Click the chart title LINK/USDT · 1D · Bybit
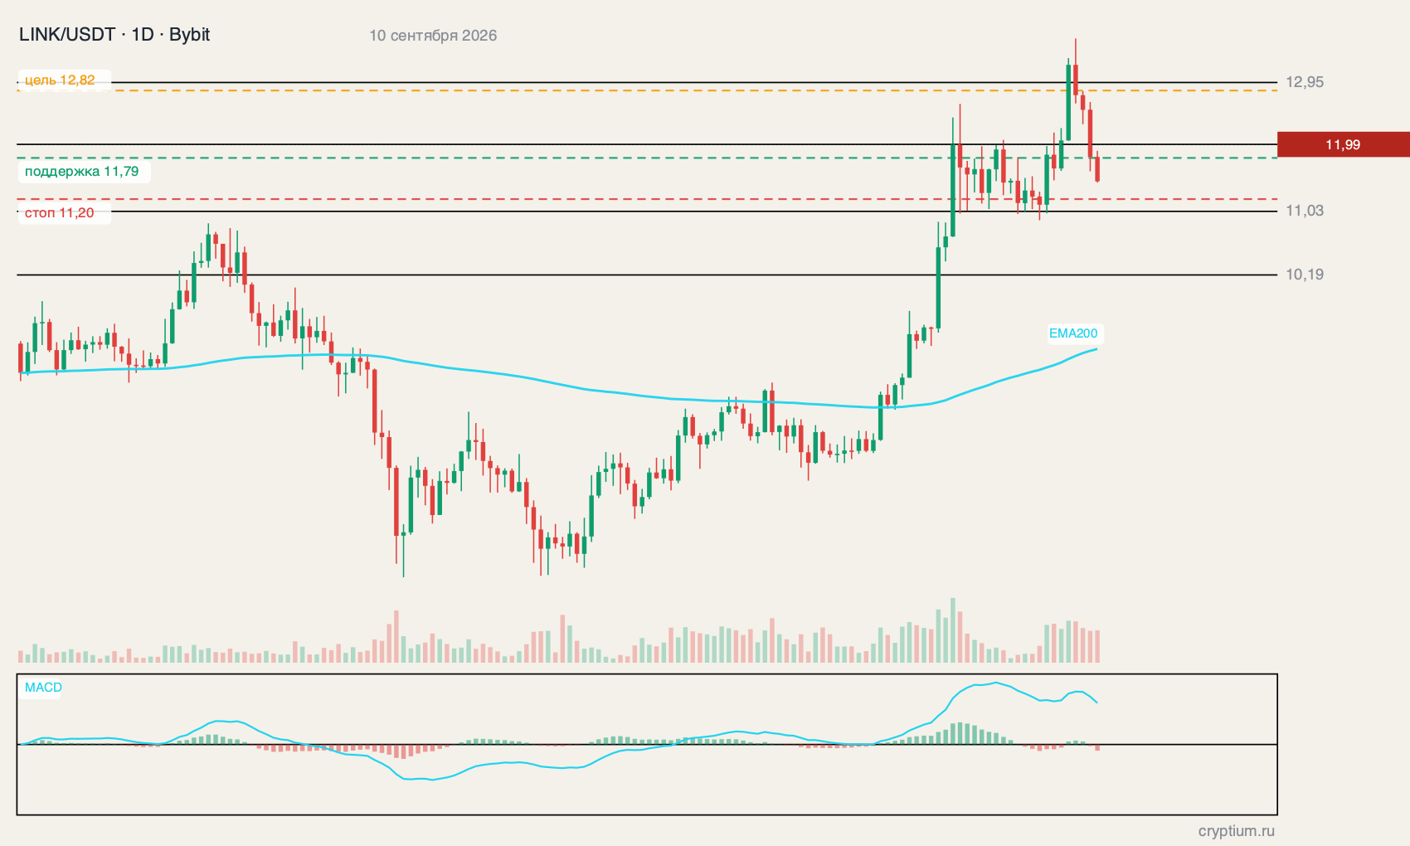pos(114,35)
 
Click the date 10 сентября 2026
pos(432,36)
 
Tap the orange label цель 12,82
pos(60,80)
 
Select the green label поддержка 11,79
pos(82,171)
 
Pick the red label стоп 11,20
pos(59,213)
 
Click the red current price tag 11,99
pos(1343,145)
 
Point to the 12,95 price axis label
pos(1304,82)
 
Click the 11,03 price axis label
pos(1304,211)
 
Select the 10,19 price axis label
pos(1304,275)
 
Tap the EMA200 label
pos(1073,333)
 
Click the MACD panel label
pos(43,688)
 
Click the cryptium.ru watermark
pos(1237,831)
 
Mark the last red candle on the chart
pos(1097,168)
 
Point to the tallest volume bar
pos(953,630)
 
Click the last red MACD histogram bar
pos(1097,747)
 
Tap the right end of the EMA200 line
pos(1097,348)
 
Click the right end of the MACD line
pos(1097,703)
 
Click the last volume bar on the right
pos(1097,646)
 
